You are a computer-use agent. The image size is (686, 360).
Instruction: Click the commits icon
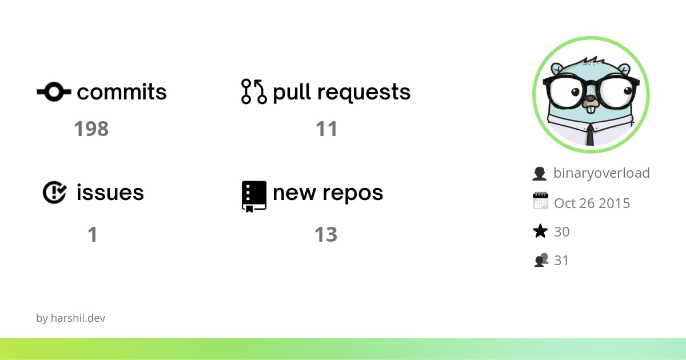tap(54, 91)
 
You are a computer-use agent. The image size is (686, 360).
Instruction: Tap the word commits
tap(122, 92)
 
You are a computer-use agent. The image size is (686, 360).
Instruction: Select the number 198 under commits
tap(91, 129)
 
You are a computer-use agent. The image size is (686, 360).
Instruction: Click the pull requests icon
tap(254, 91)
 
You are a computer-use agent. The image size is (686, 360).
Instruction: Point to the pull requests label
tap(342, 92)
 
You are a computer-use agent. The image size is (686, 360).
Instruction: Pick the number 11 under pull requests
tap(326, 129)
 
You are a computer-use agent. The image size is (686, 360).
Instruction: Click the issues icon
tap(55, 193)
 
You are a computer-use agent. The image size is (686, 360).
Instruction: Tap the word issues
tap(110, 193)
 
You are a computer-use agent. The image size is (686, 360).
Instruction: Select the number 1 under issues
tap(92, 234)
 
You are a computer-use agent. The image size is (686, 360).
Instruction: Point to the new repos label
tap(328, 193)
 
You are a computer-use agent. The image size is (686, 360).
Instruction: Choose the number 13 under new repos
tap(326, 234)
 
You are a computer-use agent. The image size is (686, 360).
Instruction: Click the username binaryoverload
tap(601, 173)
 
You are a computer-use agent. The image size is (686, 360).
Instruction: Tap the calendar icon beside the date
tap(540, 202)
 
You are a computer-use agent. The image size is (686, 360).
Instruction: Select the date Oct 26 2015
tap(592, 203)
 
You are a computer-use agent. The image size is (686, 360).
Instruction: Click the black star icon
tap(540, 231)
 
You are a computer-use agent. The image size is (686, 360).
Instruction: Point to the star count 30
tap(561, 231)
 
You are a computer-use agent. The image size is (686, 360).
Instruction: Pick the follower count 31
tap(561, 261)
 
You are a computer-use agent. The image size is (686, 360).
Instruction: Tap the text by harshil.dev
tap(70, 318)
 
